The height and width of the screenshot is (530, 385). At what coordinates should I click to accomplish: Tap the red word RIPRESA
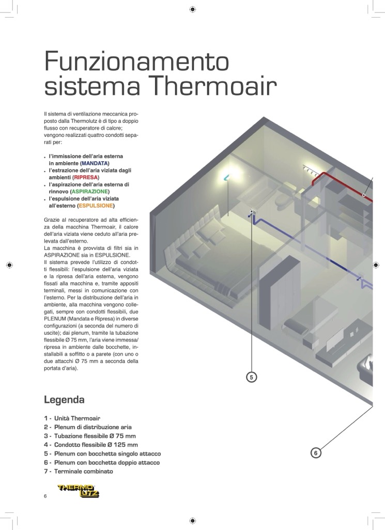pos(86,178)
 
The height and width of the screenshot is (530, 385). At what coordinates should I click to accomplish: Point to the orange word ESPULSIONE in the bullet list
pos(96,206)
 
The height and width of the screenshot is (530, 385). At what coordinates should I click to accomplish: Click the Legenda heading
pos(64,400)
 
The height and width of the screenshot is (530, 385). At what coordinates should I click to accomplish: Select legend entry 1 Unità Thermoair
pos(72,418)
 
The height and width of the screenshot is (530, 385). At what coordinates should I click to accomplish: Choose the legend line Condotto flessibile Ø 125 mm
pos(91,445)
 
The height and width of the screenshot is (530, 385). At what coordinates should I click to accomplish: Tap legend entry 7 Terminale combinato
pos(79,471)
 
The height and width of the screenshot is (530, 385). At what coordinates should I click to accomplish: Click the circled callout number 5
pos(252,377)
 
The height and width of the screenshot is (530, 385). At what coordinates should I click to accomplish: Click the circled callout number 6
pos(316,453)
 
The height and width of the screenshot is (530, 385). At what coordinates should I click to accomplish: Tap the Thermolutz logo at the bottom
pos(79,491)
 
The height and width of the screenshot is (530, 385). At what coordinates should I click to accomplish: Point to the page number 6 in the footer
pos(45,496)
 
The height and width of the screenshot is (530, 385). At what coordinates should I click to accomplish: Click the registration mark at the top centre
pos(192,9)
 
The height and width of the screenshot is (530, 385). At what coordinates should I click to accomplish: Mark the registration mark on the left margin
pos(9,266)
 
